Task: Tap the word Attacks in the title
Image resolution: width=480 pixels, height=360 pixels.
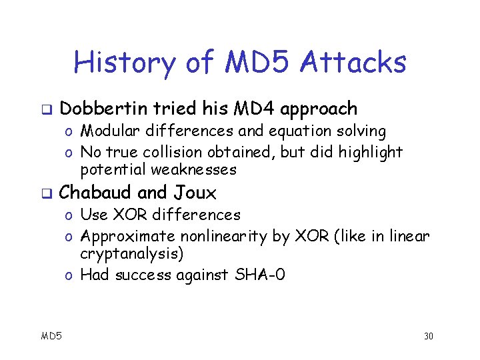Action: (x=354, y=63)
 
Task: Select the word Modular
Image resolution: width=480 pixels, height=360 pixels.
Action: (x=109, y=132)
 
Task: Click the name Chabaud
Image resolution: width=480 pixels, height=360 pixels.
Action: (x=96, y=193)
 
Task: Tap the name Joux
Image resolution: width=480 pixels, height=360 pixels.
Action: (x=195, y=193)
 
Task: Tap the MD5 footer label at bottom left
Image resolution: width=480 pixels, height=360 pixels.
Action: (x=51, y=335)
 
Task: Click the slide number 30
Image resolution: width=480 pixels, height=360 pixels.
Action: (x=428, y=335)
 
